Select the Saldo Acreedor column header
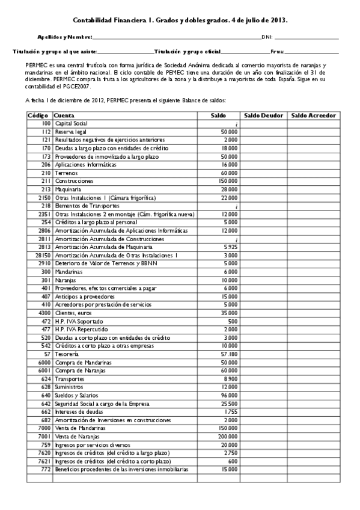click(313, 115)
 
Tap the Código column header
click(38, 115)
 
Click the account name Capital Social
click(71, 123)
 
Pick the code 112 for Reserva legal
click(46, 131)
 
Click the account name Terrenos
click(65, 173)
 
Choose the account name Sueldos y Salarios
click(76, 379)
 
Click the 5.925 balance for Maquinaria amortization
click(230, 247)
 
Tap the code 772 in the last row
click(46, 469)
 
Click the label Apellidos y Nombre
click(64, 37)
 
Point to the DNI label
click(267, 37)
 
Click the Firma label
click(277, 52)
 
